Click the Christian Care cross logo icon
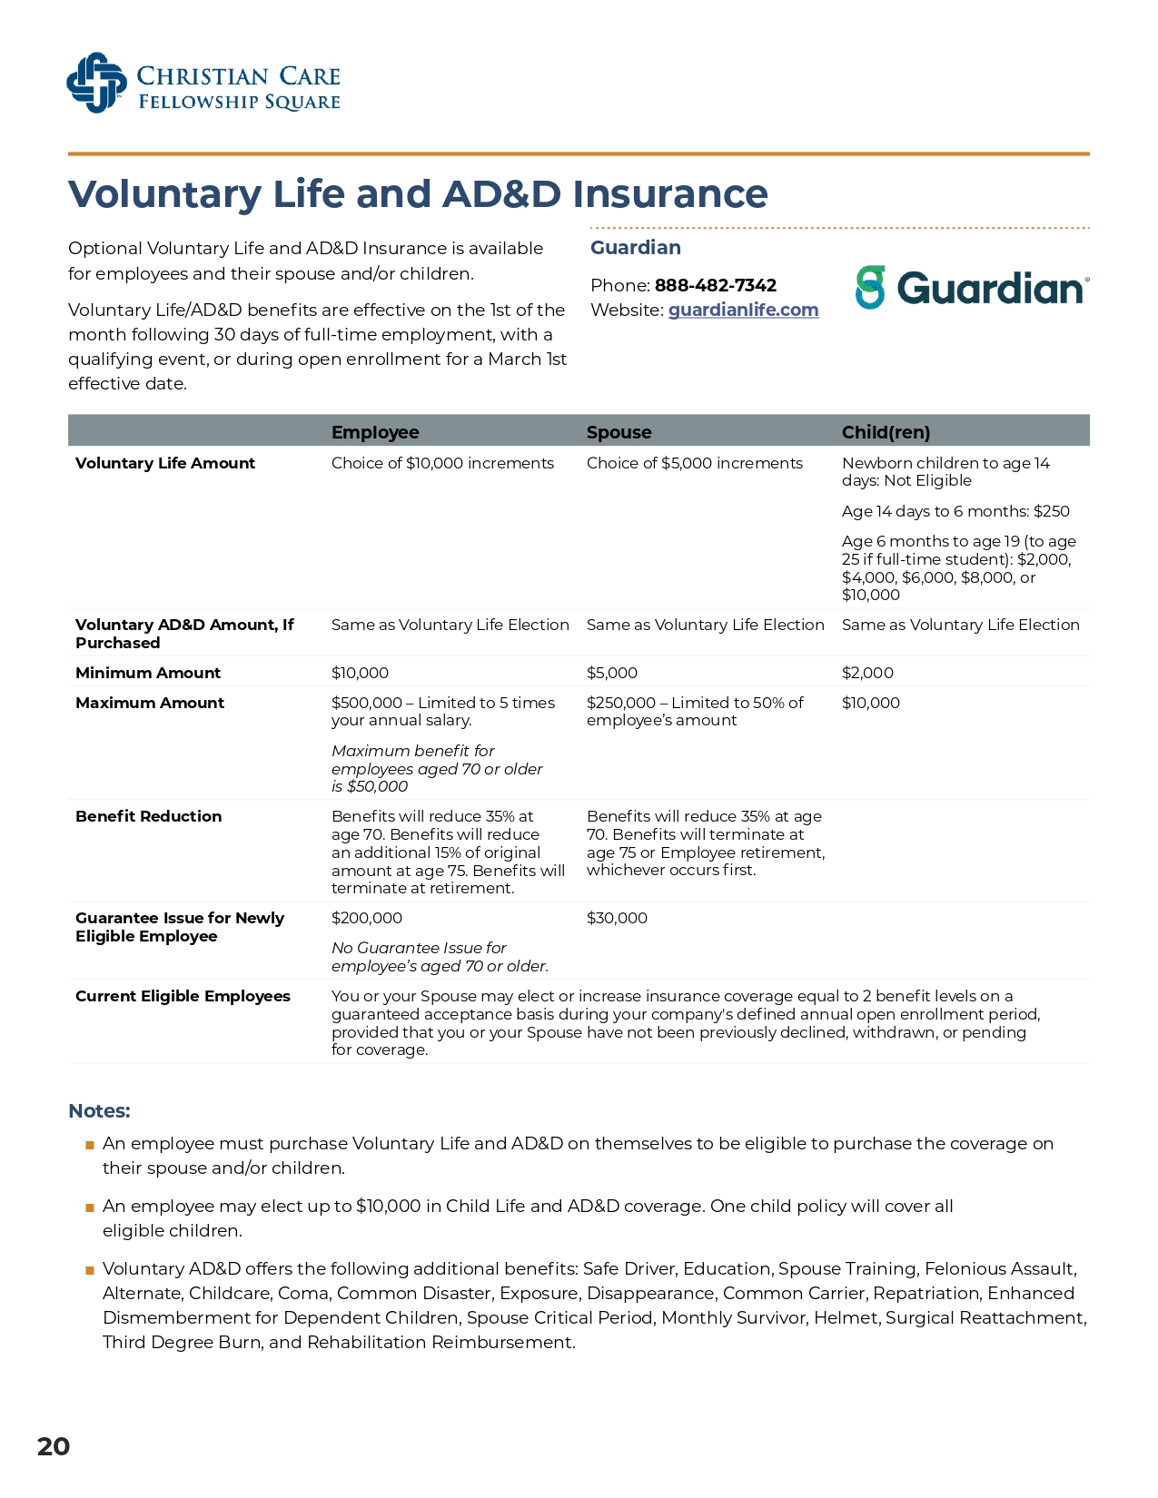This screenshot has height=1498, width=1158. tap(96, 84)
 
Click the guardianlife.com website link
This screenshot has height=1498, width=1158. tap(743, 310)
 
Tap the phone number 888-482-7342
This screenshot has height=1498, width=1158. tap(715, 285)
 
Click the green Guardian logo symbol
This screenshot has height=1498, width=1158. tap(870, 288)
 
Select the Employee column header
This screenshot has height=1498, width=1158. tap(375, 432)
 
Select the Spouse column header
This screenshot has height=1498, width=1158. tap(619, 432)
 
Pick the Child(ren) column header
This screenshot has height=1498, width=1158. tap(886, 432)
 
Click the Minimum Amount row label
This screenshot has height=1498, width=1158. tap(148, 673)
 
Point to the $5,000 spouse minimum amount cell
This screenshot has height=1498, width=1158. tap(611, 673)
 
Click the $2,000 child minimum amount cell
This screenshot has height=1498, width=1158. tap(867, 673)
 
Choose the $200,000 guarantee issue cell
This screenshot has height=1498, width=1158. tap(366, 918)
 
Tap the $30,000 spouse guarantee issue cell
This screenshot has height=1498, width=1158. tap(617, 918)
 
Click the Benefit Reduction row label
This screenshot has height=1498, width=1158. tap(148, 816)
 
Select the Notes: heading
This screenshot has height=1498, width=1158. tap(99, 1111)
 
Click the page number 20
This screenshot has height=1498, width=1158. tap(54, 1446)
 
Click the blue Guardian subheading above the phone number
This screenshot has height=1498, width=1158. tap(635, 248)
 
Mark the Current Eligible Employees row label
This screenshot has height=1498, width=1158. tap(183, 996)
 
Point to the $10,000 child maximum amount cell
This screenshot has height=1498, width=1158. tap(870, 703)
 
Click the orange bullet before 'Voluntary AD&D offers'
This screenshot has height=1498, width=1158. tap(90, 1270)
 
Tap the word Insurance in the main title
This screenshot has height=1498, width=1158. tap(669, 194)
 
